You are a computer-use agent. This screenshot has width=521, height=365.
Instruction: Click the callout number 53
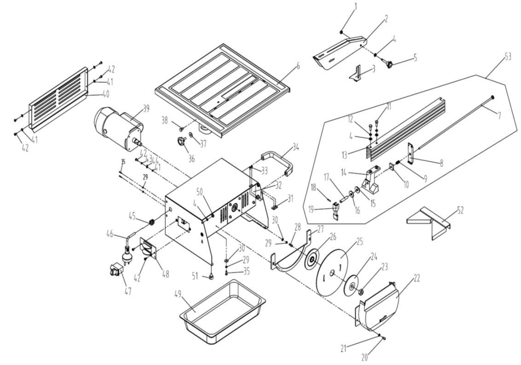(508, 57)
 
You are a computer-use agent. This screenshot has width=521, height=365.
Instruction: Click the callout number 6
(298, 66)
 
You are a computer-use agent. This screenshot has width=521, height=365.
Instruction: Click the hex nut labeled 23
(362, 291)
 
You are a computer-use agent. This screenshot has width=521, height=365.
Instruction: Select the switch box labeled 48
(148, 251)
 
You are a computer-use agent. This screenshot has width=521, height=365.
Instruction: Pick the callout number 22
(417, 278)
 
